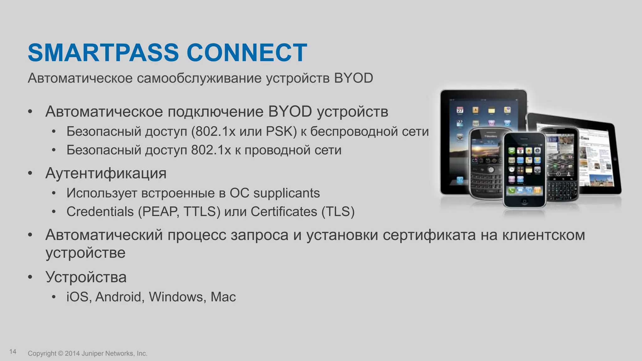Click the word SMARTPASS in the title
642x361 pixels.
[103, 52]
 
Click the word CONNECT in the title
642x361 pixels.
[247, 52]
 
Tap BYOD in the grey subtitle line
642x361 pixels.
[353, 78]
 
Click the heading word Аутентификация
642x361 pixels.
[106, 173]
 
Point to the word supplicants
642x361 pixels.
[287, 193]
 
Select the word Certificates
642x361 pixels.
[284, 212]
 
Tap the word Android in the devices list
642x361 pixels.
[119, 297]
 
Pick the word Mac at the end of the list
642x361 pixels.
[223, 297]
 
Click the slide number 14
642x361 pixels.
[13, 352]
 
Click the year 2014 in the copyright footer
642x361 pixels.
[72, 353]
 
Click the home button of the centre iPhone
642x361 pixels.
[524, 201]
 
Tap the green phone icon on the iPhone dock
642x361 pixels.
[512, 190]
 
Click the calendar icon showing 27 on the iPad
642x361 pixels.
[460, 110]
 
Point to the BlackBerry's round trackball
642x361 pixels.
[491, 170]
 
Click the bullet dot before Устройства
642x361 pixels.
[30, 277]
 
